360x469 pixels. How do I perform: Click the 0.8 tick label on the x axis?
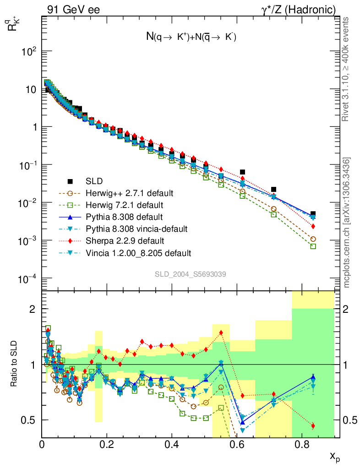[301, 444]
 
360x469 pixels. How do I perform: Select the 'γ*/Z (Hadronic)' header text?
[302, 9]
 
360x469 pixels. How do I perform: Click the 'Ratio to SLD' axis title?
[15, 364]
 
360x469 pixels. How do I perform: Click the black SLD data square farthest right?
[313, 214]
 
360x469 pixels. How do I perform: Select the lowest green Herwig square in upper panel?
[313, 246]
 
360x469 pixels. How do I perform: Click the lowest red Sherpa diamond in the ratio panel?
[313, 426]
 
